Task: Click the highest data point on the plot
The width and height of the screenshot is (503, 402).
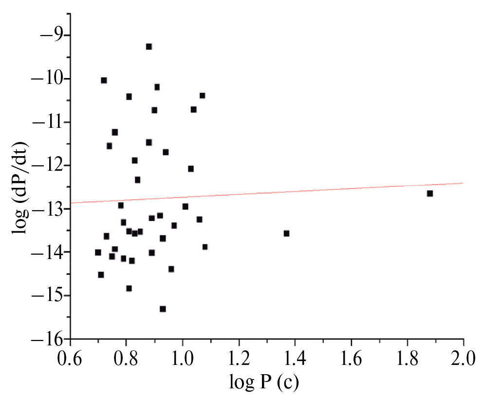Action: [x=149, y=47]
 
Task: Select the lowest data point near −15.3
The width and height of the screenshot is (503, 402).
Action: [x=163, y=309]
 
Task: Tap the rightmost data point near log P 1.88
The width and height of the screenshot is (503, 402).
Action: [x=430, y=194]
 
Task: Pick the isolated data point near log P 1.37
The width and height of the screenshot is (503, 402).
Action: [x=286, y=233]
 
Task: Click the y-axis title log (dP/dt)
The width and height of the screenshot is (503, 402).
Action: [x=21, y=187]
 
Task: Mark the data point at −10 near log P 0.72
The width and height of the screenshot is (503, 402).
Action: [x=104, y=80]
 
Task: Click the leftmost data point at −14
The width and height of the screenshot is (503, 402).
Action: [x=98, y=252]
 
